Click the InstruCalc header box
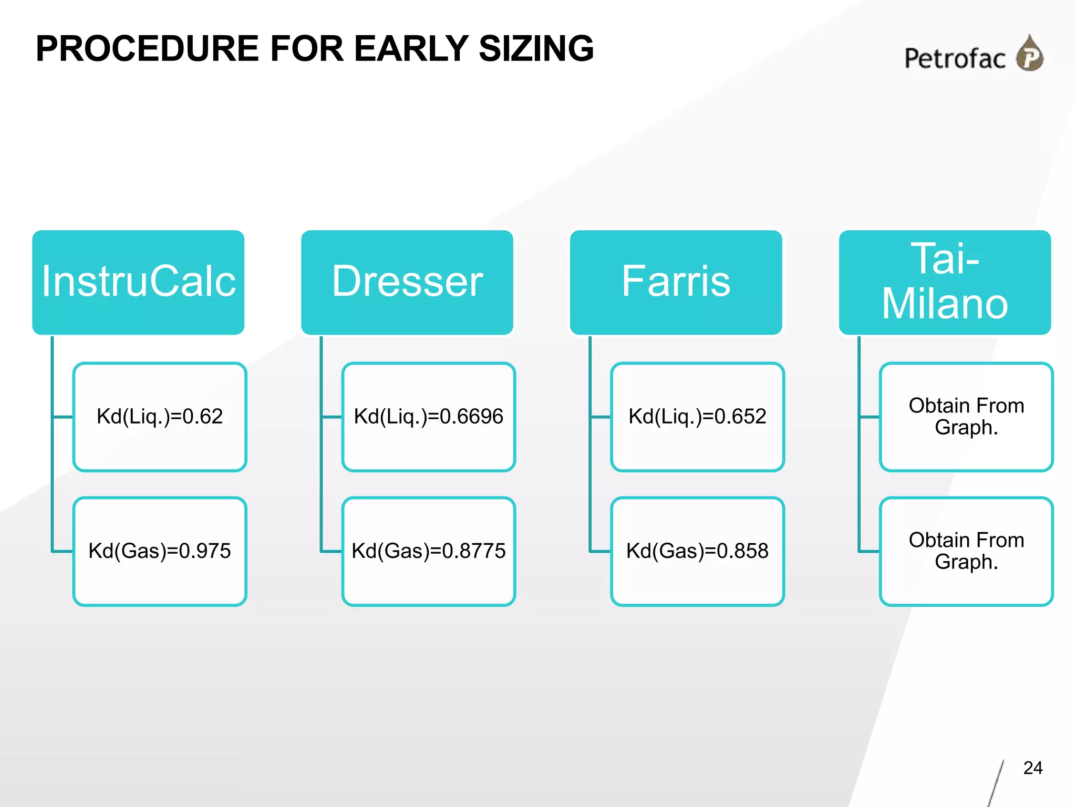point(138,282)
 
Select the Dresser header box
point(407,282)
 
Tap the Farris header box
point(676,282)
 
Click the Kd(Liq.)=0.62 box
point(160,417)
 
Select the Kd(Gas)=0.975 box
point(160,551)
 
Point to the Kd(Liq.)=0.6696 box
point(429,417)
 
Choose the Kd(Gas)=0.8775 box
point(429,551)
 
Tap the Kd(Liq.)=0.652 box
point(698,417)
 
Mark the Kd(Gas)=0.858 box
point(698,551)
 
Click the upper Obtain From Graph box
point(967,417)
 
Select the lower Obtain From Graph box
point(967,551)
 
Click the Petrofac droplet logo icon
point(1030,54)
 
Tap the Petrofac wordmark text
point(955,58)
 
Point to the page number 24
point(1033,768)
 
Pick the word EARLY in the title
point(411,48)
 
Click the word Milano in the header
point(945,304)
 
